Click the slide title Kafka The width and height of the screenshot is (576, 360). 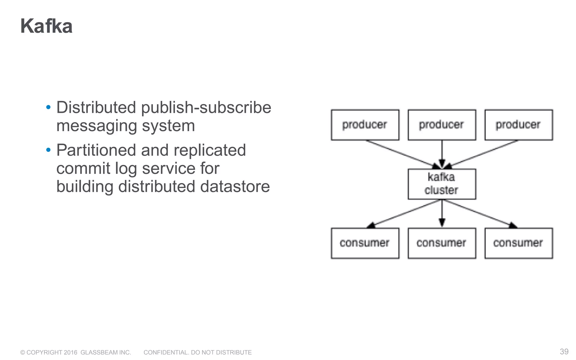(46, 26)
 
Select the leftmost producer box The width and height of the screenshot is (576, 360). (365, 125)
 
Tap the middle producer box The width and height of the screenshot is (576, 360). (442, 125)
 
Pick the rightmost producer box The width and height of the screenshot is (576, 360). (518, 125)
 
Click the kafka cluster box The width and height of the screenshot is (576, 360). (442, 184)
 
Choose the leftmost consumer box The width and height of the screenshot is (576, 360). (365, 243)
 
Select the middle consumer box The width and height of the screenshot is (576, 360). (442, 243)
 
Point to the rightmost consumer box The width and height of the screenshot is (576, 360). (518, 243)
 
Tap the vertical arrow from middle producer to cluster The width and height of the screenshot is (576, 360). (442, 153)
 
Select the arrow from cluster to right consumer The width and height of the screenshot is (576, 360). (478, 213)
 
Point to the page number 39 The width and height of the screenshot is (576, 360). (564, 352)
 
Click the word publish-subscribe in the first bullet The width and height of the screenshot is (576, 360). (206, 107)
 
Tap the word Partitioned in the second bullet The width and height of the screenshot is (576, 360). (96, 150)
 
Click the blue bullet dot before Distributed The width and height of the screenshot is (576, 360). (48, 107)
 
